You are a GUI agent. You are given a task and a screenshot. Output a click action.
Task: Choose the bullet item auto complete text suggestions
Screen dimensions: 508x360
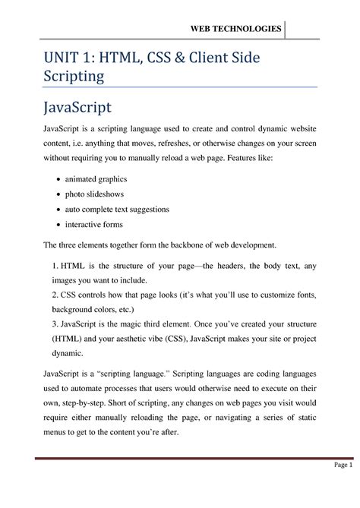(117, 209)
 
